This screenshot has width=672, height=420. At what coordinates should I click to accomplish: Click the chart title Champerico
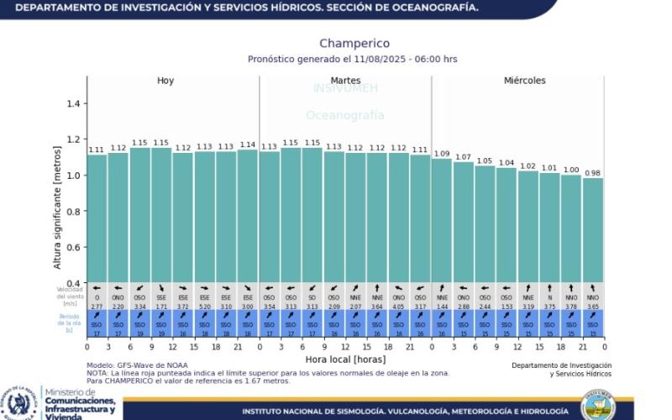pos(354,44)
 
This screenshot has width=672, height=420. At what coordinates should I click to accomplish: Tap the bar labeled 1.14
pos(248,216)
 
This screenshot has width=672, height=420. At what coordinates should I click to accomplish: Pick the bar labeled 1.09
pos(442,220)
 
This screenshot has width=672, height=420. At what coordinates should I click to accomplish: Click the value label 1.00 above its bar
pos(571,170)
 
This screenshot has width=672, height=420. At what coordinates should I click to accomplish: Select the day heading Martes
pos(345,81)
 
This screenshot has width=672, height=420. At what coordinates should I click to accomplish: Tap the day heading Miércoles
pos(524,81)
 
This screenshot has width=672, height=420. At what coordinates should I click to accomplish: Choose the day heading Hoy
pos(165,81)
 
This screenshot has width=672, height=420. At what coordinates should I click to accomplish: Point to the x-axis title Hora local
pos(345,358)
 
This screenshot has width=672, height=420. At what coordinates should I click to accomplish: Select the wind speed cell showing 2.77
pos(97,307)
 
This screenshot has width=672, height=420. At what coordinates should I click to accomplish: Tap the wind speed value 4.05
pos(398,307)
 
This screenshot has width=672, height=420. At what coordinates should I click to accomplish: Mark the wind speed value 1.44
pos(442,307)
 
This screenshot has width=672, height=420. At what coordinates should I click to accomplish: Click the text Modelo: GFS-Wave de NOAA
pos(137,365)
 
